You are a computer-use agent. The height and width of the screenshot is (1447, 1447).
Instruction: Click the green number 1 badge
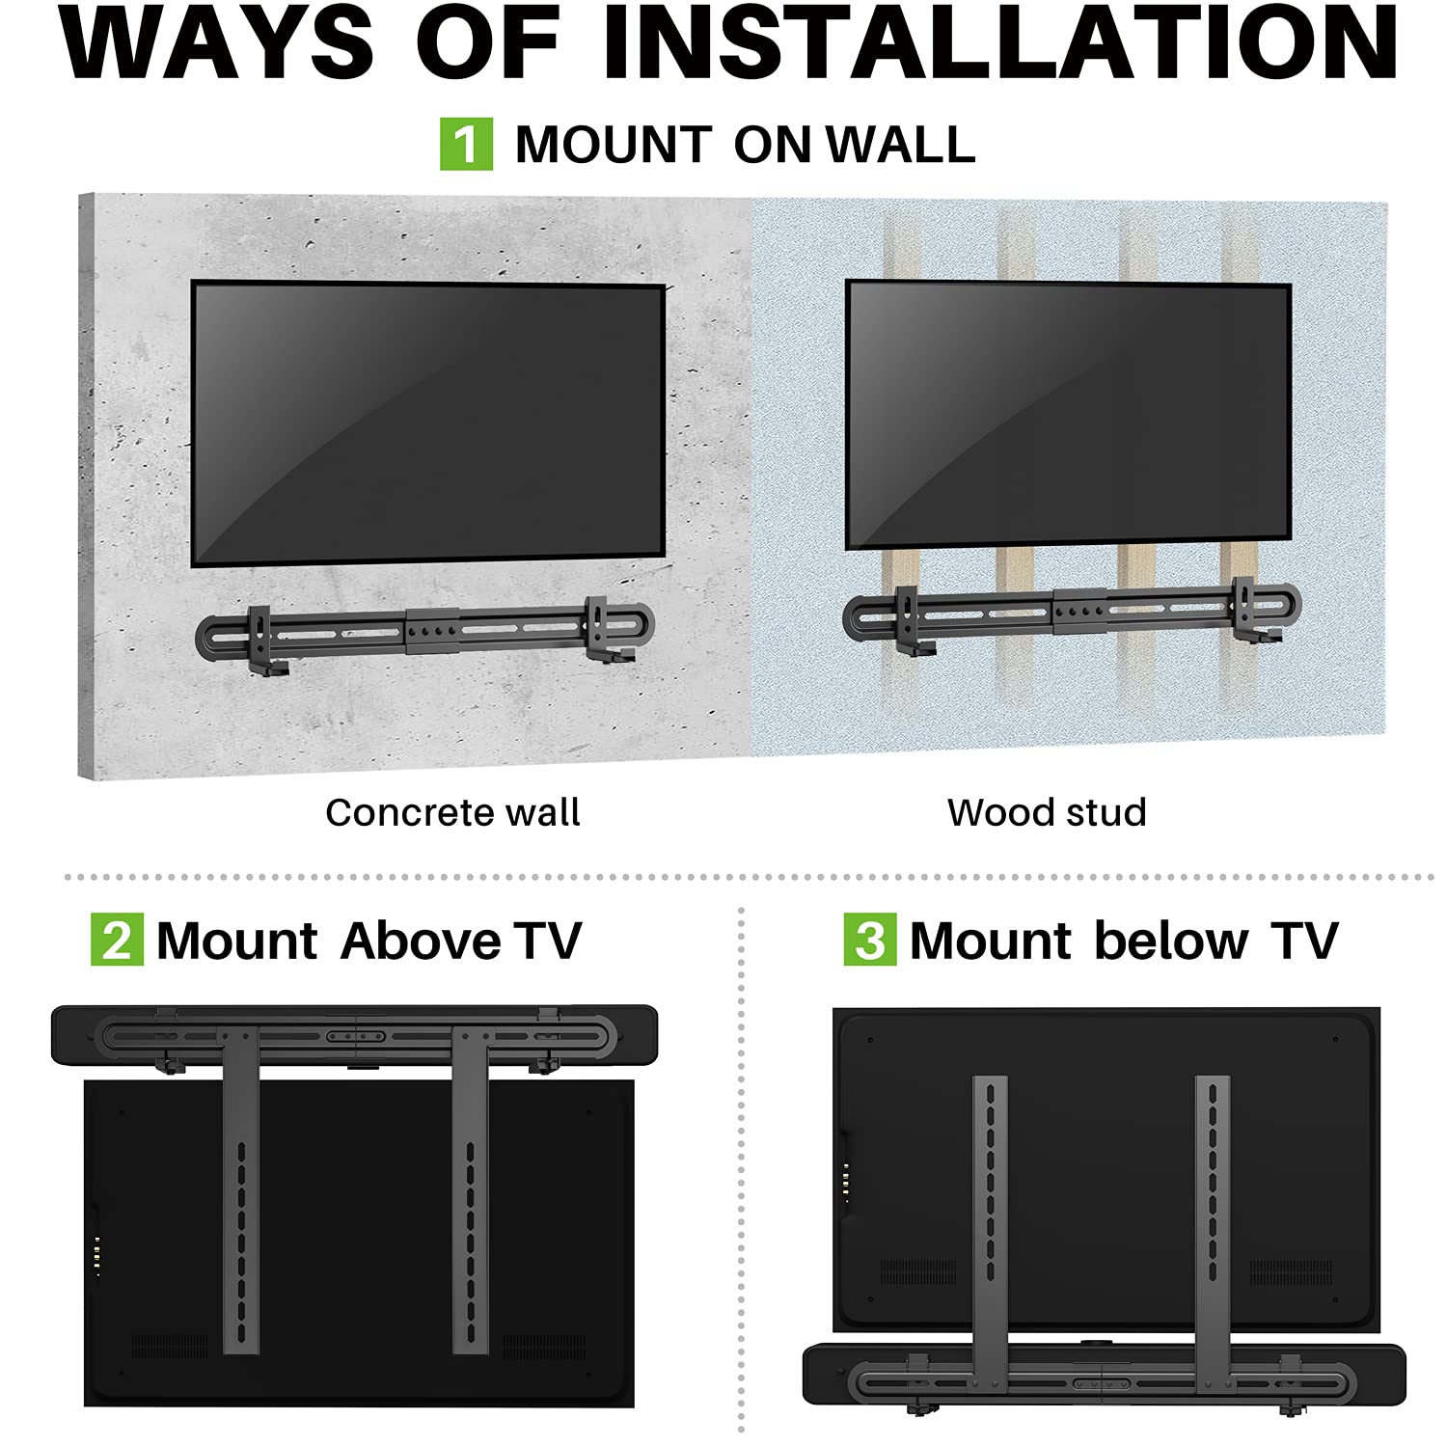pos(466,145)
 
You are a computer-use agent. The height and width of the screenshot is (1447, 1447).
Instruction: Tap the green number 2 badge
pos(117,940)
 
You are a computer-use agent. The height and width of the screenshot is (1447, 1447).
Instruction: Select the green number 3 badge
pos(869,940)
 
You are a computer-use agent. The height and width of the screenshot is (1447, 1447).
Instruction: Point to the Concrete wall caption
pos(452,812)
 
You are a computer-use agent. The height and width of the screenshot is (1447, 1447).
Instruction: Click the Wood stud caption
pos(1047,812)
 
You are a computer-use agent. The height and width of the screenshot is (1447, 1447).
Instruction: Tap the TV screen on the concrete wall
pos(428,424)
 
